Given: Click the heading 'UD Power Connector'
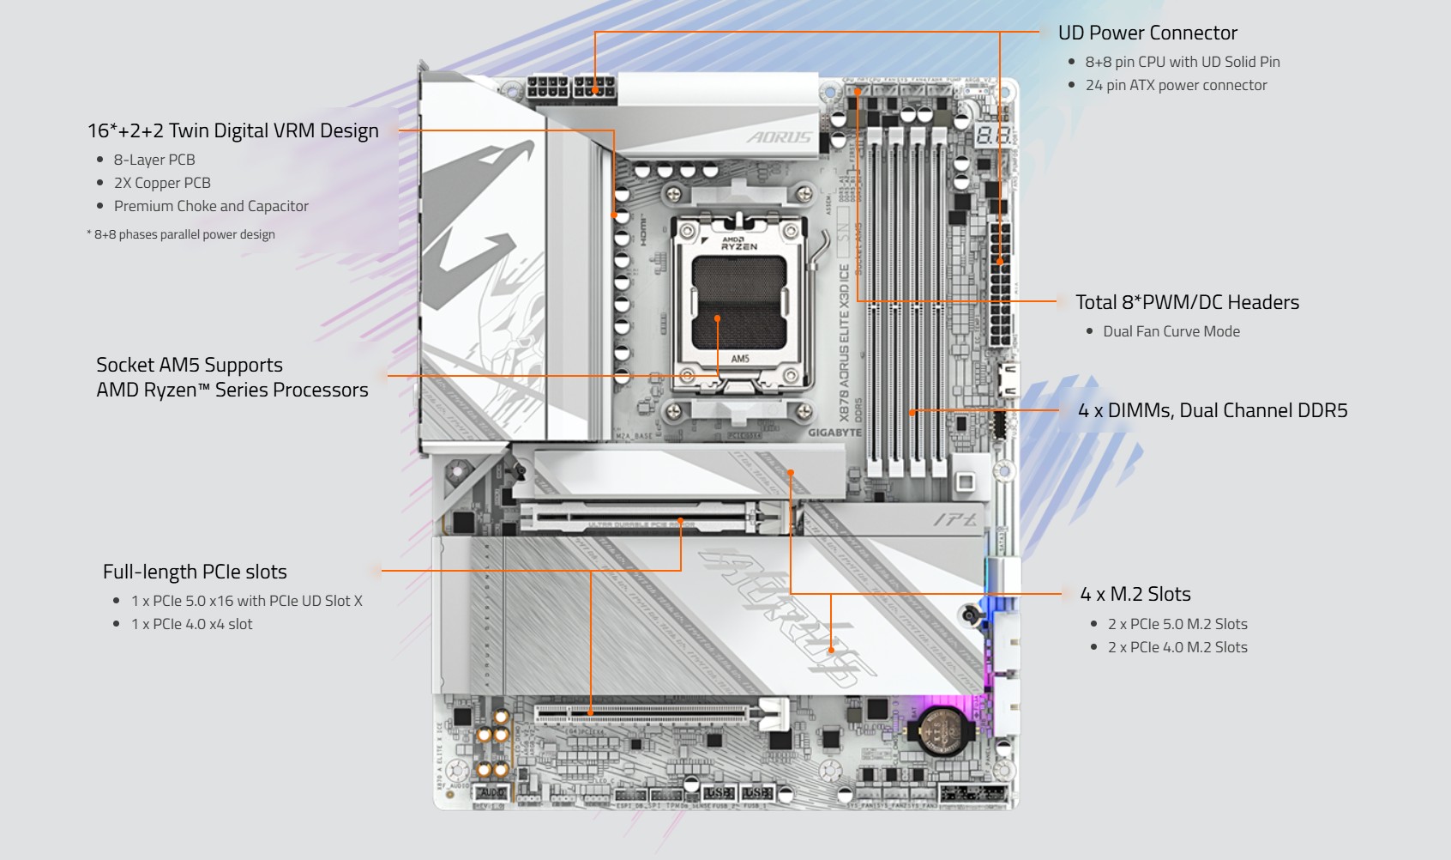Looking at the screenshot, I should (x=1147, y=33).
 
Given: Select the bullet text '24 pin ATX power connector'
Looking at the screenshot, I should (x=1176, y=85).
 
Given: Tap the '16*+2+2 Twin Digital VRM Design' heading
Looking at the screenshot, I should (x=233, y=130).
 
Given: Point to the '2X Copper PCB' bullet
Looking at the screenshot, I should (x=162, y=183).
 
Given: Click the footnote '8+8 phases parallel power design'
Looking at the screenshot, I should (x=184, y=234).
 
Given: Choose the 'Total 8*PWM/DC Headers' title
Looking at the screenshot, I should (x=1187, y=302).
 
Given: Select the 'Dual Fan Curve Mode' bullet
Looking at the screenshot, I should (x=1171, y=331).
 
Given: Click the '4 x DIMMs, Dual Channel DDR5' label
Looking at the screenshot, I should (x=1213, y=410).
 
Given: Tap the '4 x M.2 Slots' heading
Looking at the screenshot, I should (x=1135, y=594).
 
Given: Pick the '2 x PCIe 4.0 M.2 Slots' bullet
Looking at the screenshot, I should (x=1177, y=647).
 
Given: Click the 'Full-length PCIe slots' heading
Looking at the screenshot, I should (x=195, y=572).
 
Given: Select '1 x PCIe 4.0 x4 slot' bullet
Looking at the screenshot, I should (x=191, y=624).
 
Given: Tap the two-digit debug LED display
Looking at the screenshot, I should (x=993, y=136).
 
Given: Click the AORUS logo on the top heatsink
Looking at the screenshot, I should (x=778, y=137).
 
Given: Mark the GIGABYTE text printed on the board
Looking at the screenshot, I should (x=834, y=433).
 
